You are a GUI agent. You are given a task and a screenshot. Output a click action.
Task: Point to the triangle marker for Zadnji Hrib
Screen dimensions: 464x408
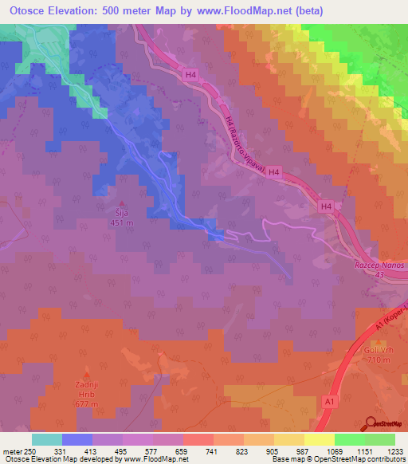88,373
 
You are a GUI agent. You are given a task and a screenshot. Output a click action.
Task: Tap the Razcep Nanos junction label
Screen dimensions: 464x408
379,264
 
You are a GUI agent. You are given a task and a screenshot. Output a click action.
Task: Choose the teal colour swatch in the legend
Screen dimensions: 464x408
47,439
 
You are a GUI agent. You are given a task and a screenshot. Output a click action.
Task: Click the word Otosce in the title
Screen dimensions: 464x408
29,11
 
